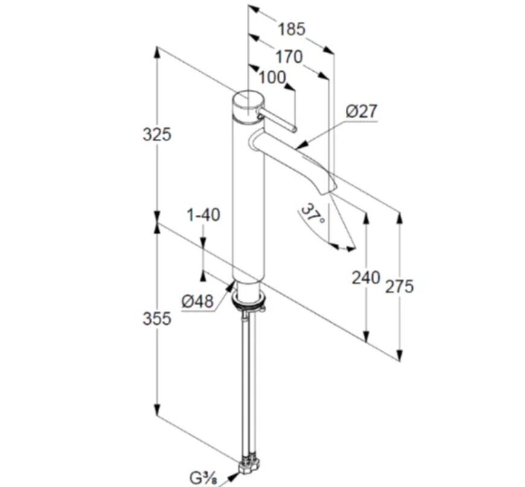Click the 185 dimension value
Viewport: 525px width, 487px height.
(x=292, y=29)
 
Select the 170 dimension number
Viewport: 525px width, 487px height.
(x=289, y=57)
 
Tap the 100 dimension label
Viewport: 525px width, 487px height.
(x=273, y=78)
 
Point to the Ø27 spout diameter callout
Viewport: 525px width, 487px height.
(x=361, y=111)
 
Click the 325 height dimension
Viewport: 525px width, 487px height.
(x=157, y=135)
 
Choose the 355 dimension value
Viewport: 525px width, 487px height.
(x=157, y=318)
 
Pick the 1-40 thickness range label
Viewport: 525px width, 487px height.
(x=203, y=215)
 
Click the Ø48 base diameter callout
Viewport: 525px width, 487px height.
(x=197, y=302)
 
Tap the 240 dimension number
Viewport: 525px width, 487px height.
(x=366, y=278)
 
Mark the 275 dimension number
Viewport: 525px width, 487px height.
(x=399, y=287)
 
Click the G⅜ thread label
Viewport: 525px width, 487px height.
(x=203, y=478)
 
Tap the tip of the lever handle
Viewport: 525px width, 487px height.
(x=294, y=129)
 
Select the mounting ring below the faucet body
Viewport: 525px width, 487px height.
(x=249, y=298)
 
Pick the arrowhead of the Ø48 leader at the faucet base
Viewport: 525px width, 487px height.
(x=230, y=285)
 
